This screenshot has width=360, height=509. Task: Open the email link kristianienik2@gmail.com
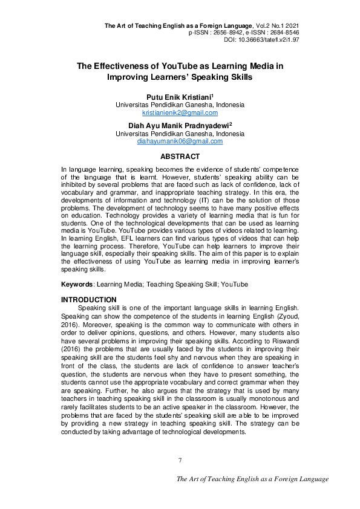(180, 113)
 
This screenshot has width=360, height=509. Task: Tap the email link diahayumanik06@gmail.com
(180, 141)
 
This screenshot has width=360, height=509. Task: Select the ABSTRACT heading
(180, 156)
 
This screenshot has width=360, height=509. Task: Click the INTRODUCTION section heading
(89, 300)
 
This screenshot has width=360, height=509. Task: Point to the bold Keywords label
(77, 284)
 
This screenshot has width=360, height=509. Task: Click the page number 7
(180, 461)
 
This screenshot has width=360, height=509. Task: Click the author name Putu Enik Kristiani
(178, 97)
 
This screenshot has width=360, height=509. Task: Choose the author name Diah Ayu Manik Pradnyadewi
(178, 125)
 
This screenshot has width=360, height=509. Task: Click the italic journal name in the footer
(252, 479)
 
